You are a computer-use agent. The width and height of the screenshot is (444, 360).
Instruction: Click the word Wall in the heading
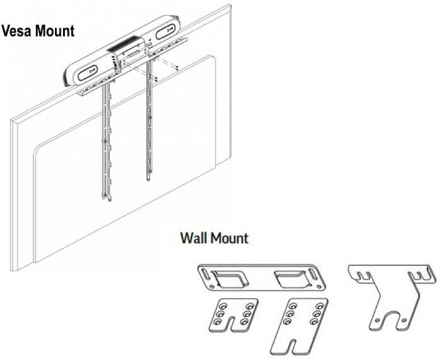tap(194, 238)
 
